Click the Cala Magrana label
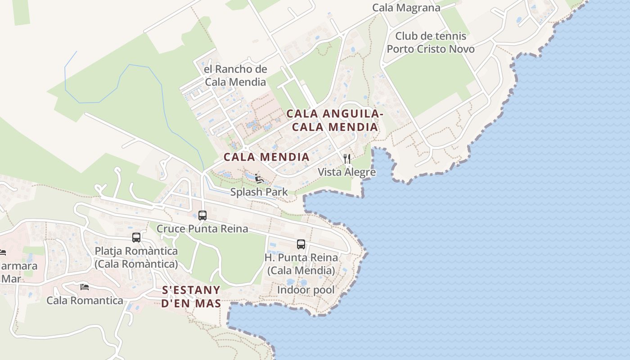click(406, 8)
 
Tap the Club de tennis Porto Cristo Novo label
click(431, 42)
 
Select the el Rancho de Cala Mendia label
click(235, 76)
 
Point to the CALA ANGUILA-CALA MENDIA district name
click(335, 121)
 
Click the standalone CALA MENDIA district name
click(266, 157)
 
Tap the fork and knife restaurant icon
click(347, 158)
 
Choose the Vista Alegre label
click(346, 172)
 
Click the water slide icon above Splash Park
click(259, 179)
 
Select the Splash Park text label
click(259, 192)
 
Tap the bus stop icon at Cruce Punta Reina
click(202, 216)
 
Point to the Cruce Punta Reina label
click(202, 229)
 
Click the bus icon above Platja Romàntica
click(136, 238)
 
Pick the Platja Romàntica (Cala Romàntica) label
click(136, 257)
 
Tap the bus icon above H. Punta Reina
click(301, 244)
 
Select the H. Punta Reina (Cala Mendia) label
click(301, 264)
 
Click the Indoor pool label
click(306, 290)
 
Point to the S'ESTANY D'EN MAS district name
click(191, 297)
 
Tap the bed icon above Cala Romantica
click(85, 287)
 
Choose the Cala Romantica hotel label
click(85, 300)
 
